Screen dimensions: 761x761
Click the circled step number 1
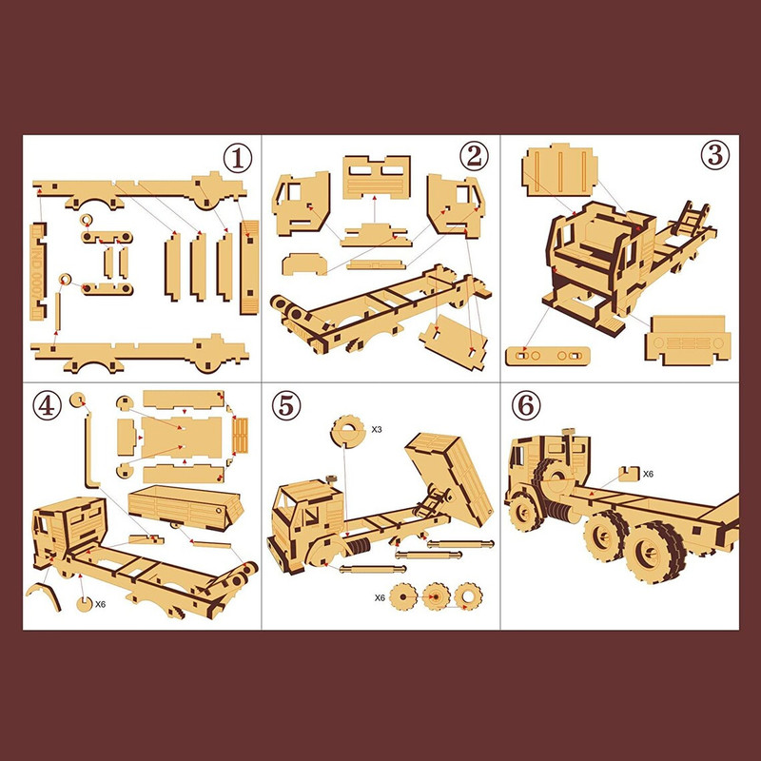[x=237, y=158]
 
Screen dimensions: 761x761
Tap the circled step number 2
[x=474, y=156]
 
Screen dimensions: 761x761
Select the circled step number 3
[x=715, y=155]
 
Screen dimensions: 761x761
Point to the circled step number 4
[x=47, y=406]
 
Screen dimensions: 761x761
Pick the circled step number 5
[x=286, y=406]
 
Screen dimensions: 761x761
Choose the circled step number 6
[x=526, y=406]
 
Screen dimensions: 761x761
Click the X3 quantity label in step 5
[x=377, y=430]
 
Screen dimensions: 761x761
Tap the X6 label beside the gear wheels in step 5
[x=380, y=598]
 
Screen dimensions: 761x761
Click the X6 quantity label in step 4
[x=100, y=604]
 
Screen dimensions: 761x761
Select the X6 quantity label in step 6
[x=648, y=474]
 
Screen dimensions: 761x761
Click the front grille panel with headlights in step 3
[x=688, y=341]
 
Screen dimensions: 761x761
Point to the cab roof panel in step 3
[x=559, y=170]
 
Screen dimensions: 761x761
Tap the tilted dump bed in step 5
[x=449, y=478]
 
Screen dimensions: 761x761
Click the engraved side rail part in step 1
[x=38, y=271]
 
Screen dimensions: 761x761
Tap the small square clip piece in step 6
[x=629, y=474]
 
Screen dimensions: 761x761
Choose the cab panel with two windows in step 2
[x=377, y=177]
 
